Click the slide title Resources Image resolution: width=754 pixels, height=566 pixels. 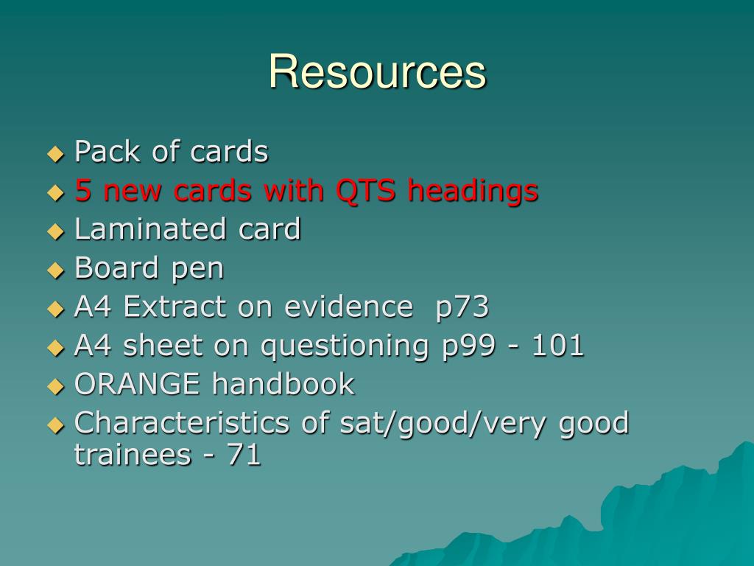point(377,72)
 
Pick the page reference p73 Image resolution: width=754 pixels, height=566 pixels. point(462,307)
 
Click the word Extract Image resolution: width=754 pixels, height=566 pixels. point(176,307)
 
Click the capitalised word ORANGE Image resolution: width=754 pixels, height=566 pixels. point(137,384)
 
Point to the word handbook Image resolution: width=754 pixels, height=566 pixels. point(283,384)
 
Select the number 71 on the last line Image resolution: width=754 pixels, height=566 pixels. point(244,455)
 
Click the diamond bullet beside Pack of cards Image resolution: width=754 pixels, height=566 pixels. point(56,153)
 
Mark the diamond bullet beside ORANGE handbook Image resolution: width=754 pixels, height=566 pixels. point(56,385)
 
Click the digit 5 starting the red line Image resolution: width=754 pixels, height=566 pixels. point(83,191)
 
